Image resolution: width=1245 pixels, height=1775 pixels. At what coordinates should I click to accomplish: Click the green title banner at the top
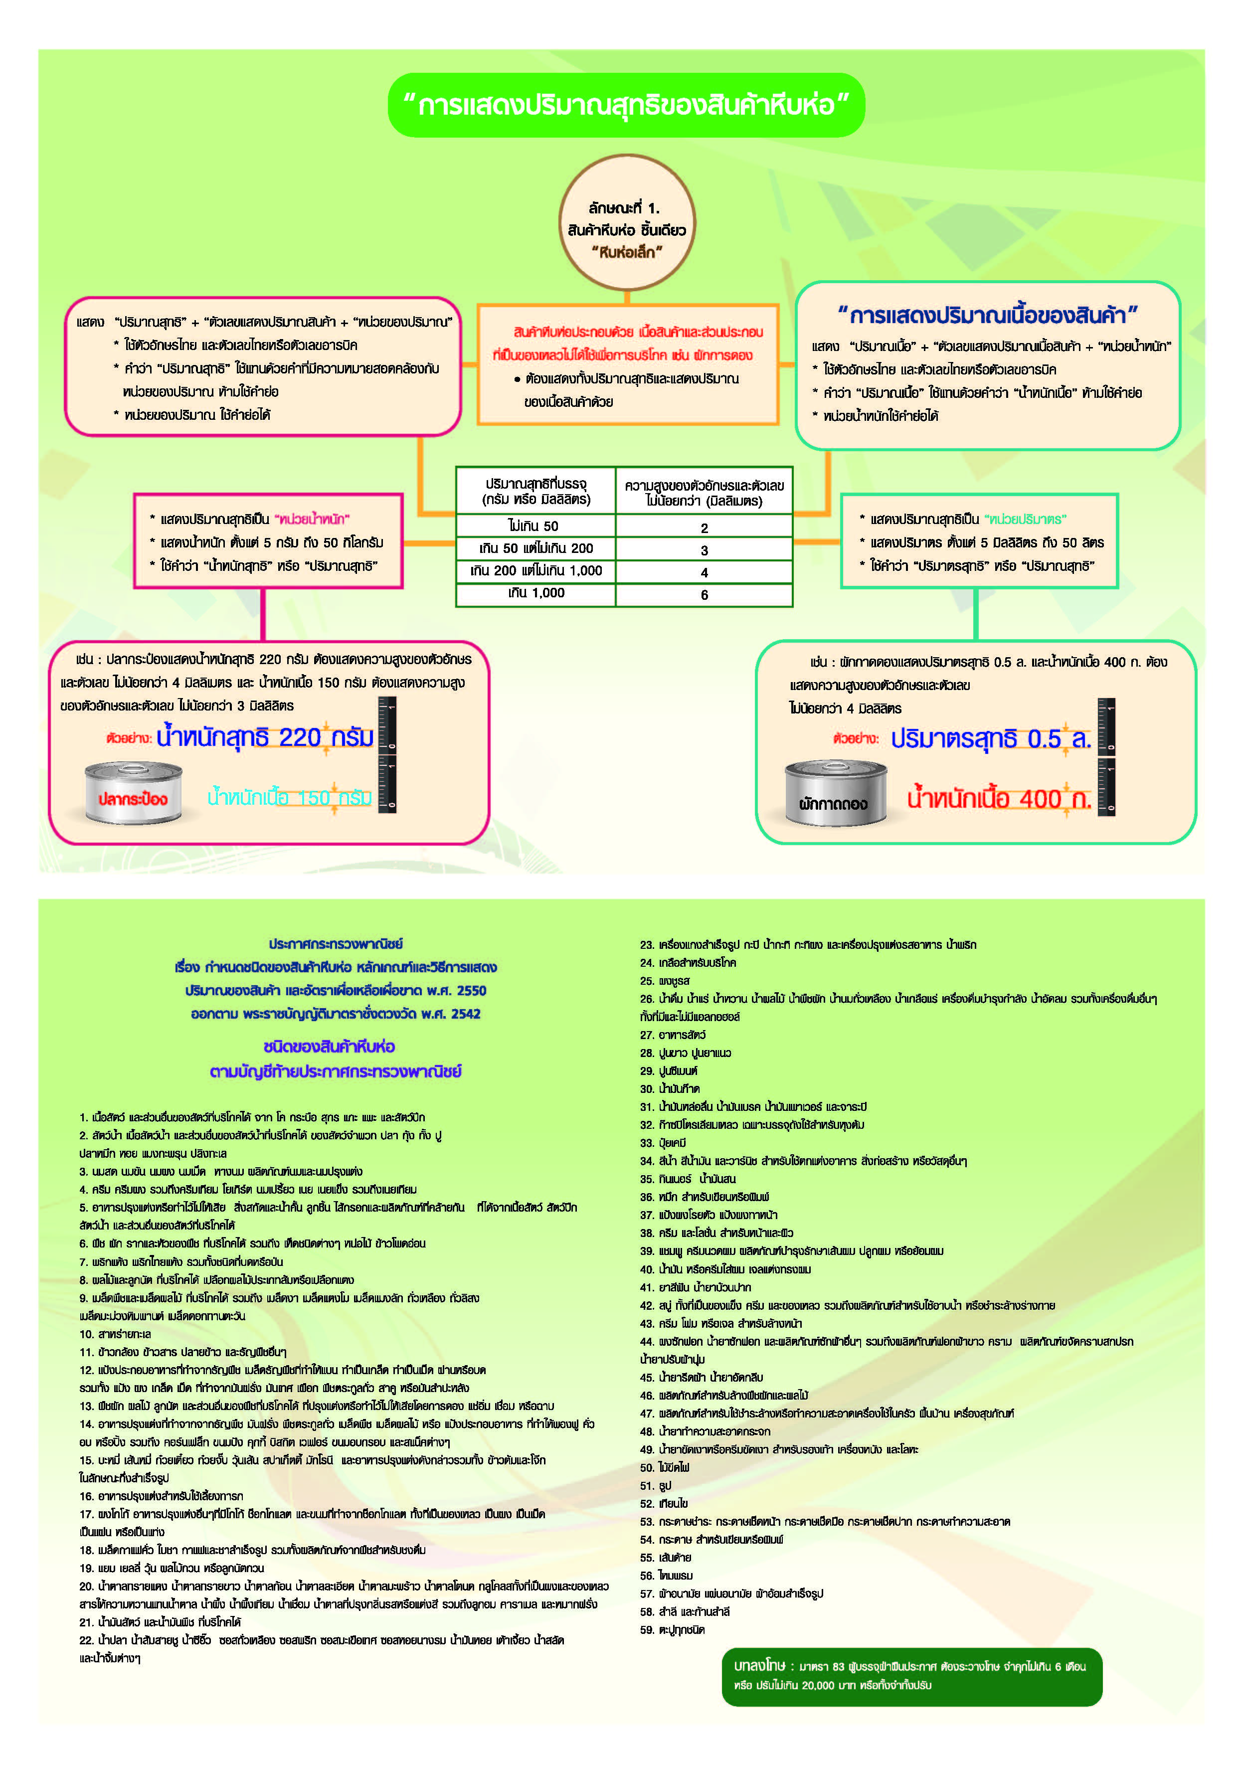pos(626,105)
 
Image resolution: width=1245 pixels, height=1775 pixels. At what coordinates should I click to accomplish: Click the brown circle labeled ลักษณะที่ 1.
pos(626,223)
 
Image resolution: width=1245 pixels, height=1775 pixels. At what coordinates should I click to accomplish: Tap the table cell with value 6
pos(704,594)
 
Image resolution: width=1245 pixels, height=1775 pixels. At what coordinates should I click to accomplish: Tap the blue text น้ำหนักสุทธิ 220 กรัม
pos(264,737)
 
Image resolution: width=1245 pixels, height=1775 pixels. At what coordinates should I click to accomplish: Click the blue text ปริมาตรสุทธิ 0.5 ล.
pos(990,739)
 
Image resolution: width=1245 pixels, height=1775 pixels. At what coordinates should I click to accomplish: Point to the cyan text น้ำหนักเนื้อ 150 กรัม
pos(289,798)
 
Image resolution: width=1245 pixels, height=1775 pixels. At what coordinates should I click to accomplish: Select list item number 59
pos(672,1630)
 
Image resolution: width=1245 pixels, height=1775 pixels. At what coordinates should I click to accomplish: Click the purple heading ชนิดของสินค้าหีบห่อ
pos(329,1047)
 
